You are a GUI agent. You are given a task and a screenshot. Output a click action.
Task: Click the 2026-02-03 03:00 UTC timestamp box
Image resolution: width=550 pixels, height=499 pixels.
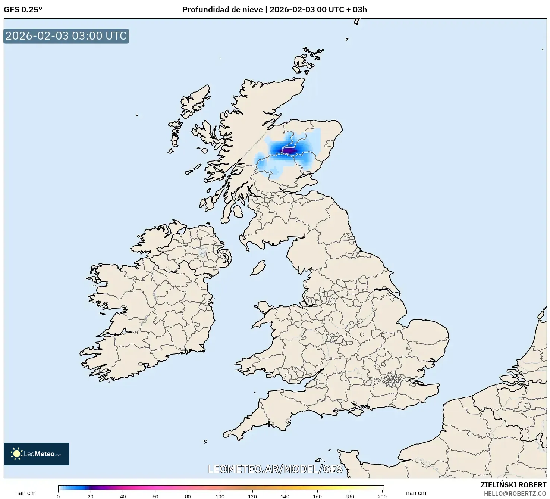pyautogui.click(x=66, y=36)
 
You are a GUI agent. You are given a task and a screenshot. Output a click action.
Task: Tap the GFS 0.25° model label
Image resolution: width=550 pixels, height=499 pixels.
pyautogui.click(x=23, y=10)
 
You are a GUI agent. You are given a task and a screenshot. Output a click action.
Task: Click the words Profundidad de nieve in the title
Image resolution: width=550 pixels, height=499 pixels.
pyautogui.click(x=222, y=10)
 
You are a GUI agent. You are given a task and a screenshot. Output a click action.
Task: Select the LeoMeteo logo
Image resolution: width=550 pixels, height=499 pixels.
pyautogui.click(x=37, y=454)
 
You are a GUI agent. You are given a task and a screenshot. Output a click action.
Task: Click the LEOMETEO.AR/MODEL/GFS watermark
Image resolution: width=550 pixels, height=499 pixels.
pyautogui.click(x=275, y=469)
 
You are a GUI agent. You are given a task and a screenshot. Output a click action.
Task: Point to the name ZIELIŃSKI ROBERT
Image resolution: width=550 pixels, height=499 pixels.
pyautogui.click(x=513, y=485)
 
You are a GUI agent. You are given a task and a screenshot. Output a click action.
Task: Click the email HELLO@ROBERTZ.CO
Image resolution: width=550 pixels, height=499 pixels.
pyautogui.click(x=515, y=493)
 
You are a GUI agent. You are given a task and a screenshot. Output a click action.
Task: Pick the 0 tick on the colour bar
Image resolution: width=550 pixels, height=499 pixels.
pyautogui.click(x=58, y=496)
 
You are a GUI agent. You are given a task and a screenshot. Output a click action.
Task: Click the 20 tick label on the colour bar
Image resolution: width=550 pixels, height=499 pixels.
pyautogui.click(x=91, y=496)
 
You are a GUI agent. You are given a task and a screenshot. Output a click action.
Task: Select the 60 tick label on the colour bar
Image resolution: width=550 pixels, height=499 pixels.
pyautogui.click(x=155, y=496)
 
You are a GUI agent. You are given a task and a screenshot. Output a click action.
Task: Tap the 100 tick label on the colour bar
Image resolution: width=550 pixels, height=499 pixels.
pyautogui.click(x=220, y=496)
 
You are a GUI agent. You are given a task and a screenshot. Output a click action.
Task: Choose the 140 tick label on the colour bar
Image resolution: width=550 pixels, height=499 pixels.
pyautogui.click(x=285, y=496)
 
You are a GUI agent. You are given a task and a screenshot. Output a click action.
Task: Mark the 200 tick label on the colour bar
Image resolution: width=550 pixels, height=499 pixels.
pyautogui.click(x=382, y=496)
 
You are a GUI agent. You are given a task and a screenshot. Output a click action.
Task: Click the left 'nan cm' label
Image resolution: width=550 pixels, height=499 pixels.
pyautogui.click(x=25, y=493)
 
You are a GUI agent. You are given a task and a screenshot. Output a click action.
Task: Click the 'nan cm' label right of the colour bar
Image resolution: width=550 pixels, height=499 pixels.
pyautogui.click(x=416, y=493)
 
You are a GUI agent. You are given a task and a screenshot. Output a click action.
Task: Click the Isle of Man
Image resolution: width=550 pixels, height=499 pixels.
pyautogui.click(x=258, y=268)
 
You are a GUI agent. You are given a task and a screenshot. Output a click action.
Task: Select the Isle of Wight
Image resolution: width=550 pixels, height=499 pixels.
pyautogui.click(x=356, y=412)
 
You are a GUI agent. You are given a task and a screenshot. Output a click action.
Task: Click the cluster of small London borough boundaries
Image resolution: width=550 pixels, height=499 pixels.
pyautogui.click(x=392, y=380)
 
